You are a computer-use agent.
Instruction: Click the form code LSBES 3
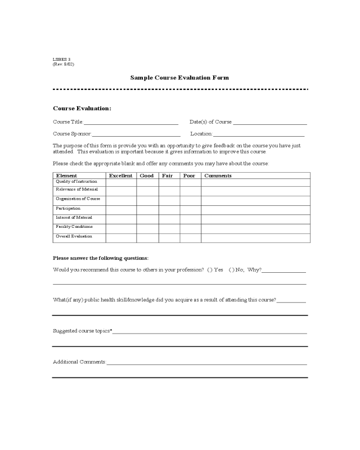pyautogui.click(x=61, y=59)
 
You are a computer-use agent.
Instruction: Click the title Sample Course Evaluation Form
pyautogui.click(x=179, y=78)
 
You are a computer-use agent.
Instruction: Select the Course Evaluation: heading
pyautogui.click(x=82, y=108)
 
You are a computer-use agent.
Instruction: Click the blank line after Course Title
pyautogui.click(x=131, y=122)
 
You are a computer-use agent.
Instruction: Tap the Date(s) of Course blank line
pyautogui.click(x=270, y=122)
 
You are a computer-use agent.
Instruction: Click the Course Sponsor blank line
pyautogui.click(x=136, y=134)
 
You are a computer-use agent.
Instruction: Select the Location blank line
pyautogui.click(x=259, y=134)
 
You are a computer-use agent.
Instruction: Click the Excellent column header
pyautogui.click(x=121, y=175)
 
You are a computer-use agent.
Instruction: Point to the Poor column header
pyautogui.click(x=190, y=175)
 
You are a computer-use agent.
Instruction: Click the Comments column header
pyautogui.click(x=218, y=175)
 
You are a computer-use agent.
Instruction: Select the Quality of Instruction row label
pyautogui.click(x=76, y=182)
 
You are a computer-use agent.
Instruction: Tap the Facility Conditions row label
pyautogui.click(x=74, y=227)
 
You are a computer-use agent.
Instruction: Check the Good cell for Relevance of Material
pyautogui.click(x=147, y=191)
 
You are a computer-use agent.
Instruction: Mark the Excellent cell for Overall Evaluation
pyautogui.click(x=121, y=237)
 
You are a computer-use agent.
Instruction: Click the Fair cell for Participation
pyautogui.click(x=169, y=210)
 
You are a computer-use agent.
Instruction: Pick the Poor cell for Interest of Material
pyautogui.click(x=190, y=219)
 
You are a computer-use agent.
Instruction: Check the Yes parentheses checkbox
pyautogui.click(x=209, y=270)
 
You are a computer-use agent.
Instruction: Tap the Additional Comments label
pyautogui.click(x=79, y=361)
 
